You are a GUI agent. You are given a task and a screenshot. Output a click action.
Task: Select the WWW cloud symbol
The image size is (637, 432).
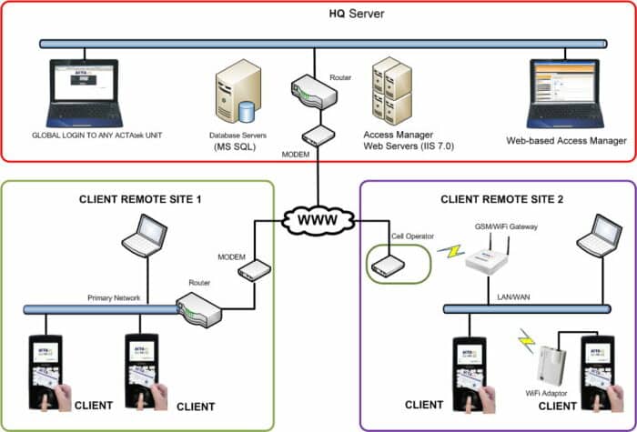[317, 221]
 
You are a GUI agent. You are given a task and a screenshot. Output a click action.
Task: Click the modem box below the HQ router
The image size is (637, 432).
[318, 136]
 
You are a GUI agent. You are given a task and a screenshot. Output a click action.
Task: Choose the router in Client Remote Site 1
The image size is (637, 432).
[201, 310]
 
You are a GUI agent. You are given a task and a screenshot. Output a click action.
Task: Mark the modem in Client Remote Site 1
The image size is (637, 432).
[257, 270]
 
